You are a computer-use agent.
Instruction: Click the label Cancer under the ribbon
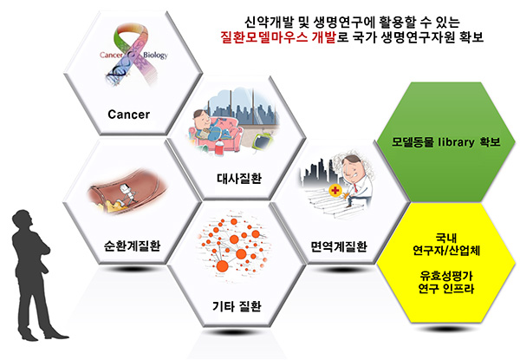(x=128, y=115)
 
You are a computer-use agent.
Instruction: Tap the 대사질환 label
(x=239, y=178)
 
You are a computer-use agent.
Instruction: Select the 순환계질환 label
(x=132, y=245)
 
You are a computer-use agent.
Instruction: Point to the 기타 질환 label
(x=237, y=306)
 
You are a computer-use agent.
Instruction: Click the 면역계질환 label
(x=339, y=246)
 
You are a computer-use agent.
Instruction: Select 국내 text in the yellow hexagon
(x=446, y=238)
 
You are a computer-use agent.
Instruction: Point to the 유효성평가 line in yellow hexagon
(x=446, y=275)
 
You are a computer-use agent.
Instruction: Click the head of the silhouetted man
(x=23, y=219)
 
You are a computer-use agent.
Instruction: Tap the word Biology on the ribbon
(x=155, y=55)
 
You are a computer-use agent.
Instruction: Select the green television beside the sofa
(x=263, y=141)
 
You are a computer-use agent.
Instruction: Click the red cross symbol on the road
(x=335, y=191)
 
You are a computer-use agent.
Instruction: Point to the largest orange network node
(x=223, y=266)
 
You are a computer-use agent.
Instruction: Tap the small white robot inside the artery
(x=126, y=193)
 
